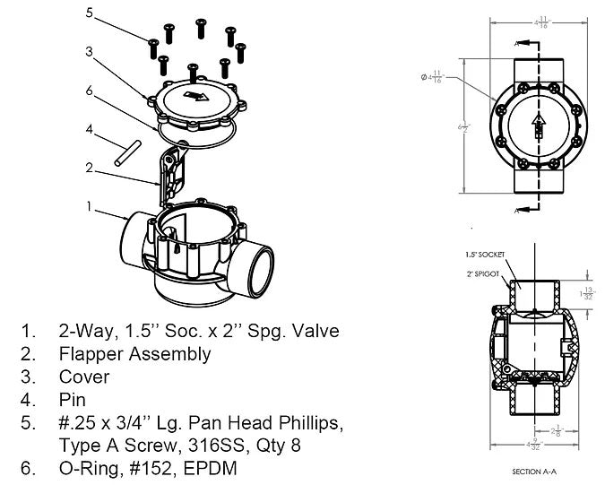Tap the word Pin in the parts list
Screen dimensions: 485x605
pyautogui.click(x=73, y=399)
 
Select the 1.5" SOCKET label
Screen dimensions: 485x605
pyautogui.click(x=483, y=255)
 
